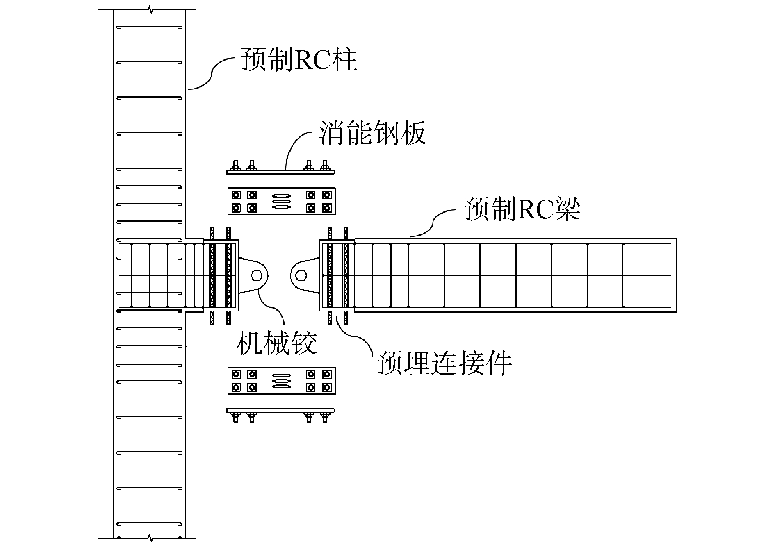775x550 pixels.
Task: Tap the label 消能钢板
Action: [373, 132]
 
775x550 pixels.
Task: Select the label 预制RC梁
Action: [522, 210]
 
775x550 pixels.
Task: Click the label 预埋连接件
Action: [444, 363]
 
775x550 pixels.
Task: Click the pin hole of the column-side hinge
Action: [257, 275]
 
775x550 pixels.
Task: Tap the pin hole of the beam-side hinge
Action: [301, 275]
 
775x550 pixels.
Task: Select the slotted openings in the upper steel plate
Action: [282, 201]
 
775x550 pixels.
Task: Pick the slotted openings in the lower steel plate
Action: [282, 381]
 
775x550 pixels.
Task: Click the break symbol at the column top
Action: [150, 9]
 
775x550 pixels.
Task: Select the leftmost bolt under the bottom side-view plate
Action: [236, 417]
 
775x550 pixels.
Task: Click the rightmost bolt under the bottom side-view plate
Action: [326, 417]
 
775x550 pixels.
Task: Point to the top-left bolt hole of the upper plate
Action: [236, 194]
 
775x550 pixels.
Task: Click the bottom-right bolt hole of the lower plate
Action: [326, 387]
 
